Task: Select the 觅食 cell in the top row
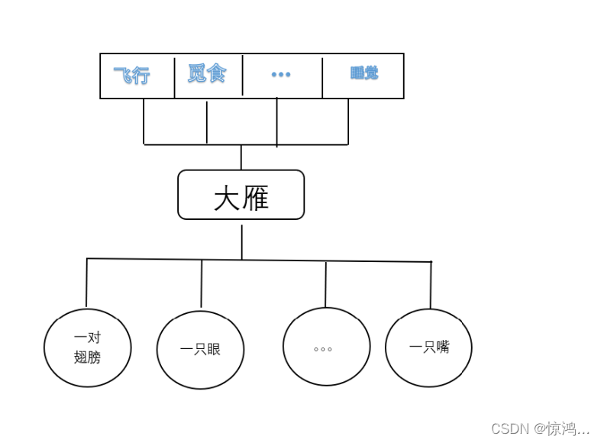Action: pyautogui.click(x=208, y=74)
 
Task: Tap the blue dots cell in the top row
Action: pyautogui.click(x=281, y=75)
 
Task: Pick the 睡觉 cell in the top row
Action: pyautogui.click(x=364, y=74)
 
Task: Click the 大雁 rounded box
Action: pyautogui.click(x=241, y=195)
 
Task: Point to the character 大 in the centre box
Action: pyautogui.click(x=227, y=199)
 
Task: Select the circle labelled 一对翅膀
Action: pyautogui.click(x=87, y=348)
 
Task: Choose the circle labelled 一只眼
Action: pyautogui.click(x=200, y=350)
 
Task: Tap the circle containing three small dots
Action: pyautogui.click(x=326, y=347)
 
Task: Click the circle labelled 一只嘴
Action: pyautogui.click(x=428, y=348)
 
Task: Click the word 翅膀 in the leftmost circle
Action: pyautogui.click(x=87, y=357)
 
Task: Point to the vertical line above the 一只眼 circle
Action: pyautogui.click(x=202, y=283)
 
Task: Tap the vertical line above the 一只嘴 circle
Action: pyautogui.click(x=431, y=285)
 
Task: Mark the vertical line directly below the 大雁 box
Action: pyautogui.click(x=242, y=241)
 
